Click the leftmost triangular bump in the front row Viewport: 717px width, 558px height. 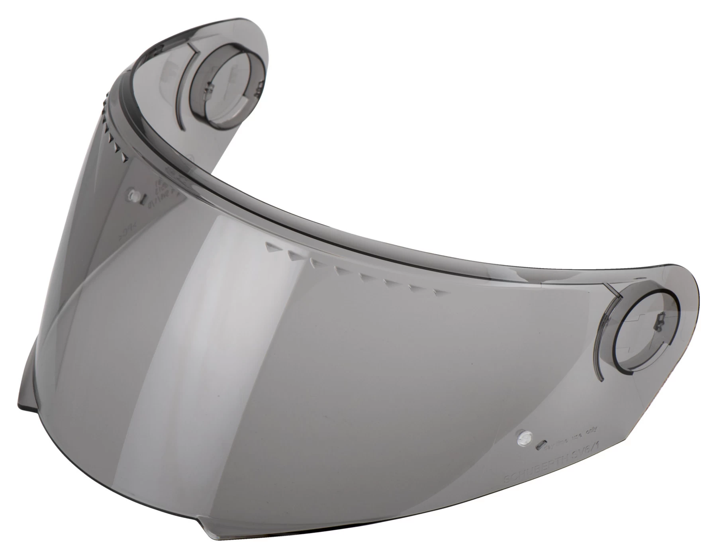(272, 247)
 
